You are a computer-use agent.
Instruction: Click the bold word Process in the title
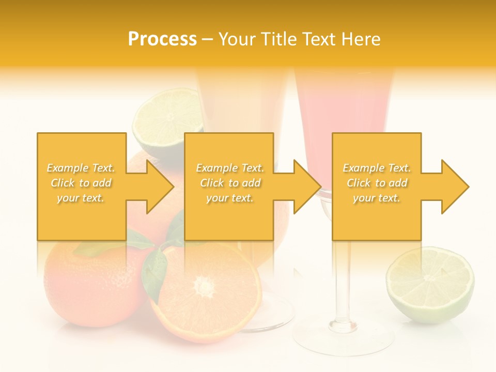click(162, 39)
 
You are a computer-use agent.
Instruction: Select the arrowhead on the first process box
click(158, 187)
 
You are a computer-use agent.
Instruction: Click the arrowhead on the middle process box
click(305, 187)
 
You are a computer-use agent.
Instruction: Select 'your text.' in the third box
click(376, 198)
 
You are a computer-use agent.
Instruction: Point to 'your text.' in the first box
click(81, 198)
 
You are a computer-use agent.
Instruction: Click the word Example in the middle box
click(215, 168)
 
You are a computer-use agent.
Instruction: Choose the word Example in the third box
click(362, 168)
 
